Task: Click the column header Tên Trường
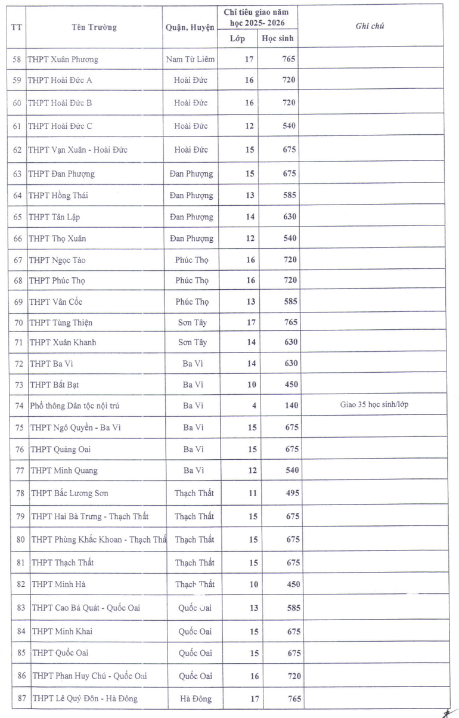(94, 27)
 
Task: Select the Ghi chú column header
(370, 26)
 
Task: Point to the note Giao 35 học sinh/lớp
(374, 405)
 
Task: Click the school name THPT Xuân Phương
(63, 59)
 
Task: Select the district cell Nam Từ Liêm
(191, 59)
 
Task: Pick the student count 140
(291, 406)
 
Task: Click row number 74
(19, 406)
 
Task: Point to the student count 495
(292, 493)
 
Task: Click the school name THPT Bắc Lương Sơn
(69, 493)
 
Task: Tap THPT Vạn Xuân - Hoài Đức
(77, 150)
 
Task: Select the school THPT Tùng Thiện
(61, 323)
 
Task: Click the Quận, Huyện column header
(190, 27)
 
